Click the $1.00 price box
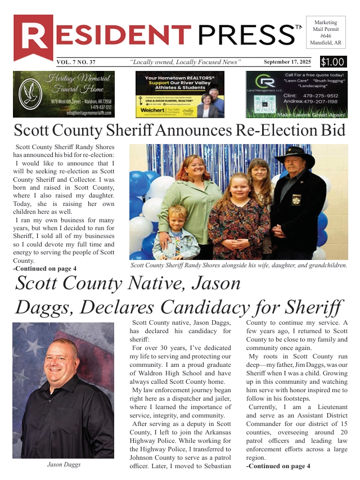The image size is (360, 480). coord(334,62)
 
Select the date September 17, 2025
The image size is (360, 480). coord(287,62)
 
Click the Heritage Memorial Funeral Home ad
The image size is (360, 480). coord(64,94)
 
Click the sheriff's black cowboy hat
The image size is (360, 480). coord(294,154)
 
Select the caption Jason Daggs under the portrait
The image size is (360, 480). coord(63,465)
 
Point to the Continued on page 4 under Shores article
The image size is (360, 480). coord(44,269)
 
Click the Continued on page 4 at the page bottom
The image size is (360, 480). coord(278,466)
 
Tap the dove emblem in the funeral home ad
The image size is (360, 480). coord(30,93)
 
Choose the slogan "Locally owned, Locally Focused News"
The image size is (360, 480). coord(185,62)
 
